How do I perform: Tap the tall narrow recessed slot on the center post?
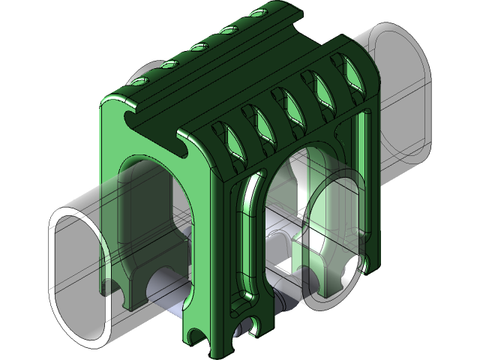[x=241, y=247]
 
